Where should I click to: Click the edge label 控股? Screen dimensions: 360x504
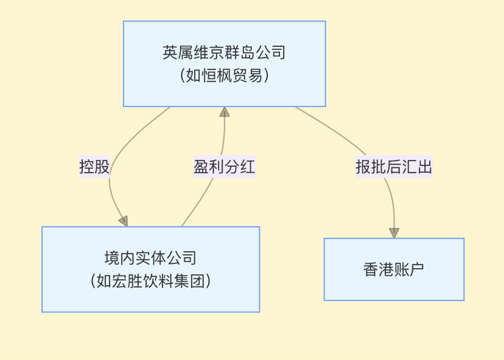(94, 167)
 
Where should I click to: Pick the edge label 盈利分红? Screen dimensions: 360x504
(224, 167)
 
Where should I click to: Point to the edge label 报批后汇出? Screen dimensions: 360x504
(394, 167)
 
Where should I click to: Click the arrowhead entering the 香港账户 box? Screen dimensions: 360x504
(394, 233)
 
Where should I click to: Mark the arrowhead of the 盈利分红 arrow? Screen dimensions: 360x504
(224, 112)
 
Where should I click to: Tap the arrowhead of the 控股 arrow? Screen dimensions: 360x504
(123, 220)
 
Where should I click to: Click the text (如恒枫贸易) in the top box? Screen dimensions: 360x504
(224, 75)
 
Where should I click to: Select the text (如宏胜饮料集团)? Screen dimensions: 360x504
(150, 281)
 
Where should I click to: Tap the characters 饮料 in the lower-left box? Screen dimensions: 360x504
(158, 281)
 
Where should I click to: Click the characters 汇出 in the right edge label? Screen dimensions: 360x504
(417, 167)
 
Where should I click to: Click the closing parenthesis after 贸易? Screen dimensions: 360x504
(266, 75)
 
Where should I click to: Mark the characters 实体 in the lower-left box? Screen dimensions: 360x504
(143, 258)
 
